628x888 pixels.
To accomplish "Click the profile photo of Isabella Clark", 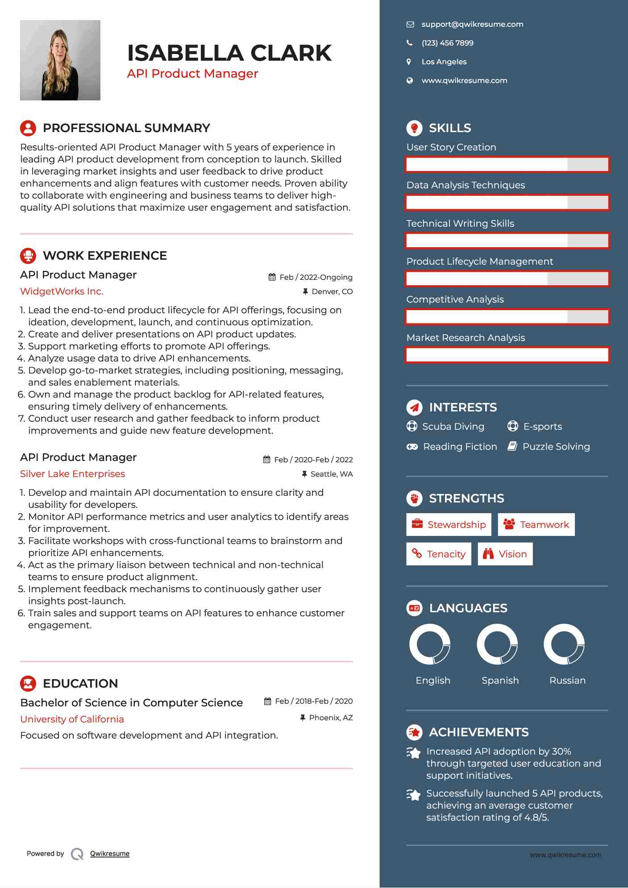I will tap(60, 60).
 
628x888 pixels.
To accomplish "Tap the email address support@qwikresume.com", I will tap(472, 25).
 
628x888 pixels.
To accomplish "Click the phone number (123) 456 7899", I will tap(447, 43).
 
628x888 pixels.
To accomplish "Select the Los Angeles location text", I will tap(444, 62).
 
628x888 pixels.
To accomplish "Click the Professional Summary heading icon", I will tap(28, 128).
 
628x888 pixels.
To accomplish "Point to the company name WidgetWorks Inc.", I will tap(62, 291).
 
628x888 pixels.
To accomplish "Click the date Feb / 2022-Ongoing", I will tap(316, 277).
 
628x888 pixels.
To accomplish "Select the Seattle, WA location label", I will tap(331, 474).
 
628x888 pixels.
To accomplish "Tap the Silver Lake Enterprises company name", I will tap(72, 474).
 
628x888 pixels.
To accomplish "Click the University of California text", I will tap(72, 719).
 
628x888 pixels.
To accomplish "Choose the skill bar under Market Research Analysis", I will tap(507, 355).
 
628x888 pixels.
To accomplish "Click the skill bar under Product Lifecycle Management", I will tap(507, 279).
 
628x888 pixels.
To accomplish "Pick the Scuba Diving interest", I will tap(453, 427).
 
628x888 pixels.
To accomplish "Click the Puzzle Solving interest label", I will tap(556, 447).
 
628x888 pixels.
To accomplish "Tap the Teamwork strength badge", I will tap(536, 525).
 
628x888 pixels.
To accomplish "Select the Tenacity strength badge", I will tap(438, 554).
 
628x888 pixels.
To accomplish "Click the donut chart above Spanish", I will tap(497, 644).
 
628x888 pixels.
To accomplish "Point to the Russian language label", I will tap(567, 681).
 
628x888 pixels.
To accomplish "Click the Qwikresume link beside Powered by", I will tap(109, 854).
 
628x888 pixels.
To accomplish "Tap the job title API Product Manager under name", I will tap(192, 74).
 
